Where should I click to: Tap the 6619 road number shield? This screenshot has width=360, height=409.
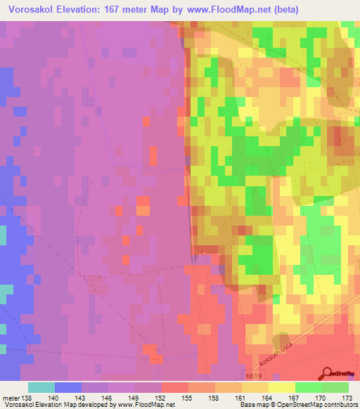pyautogui.click(x=253, y=377)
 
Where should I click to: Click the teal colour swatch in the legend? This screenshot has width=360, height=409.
pyautogui.click(x=41, y=387)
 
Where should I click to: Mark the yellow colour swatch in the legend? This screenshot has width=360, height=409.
pyautogui.click(x=282, y=387)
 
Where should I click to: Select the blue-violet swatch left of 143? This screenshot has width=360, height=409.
pyautogui.click(x=68, y=387)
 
